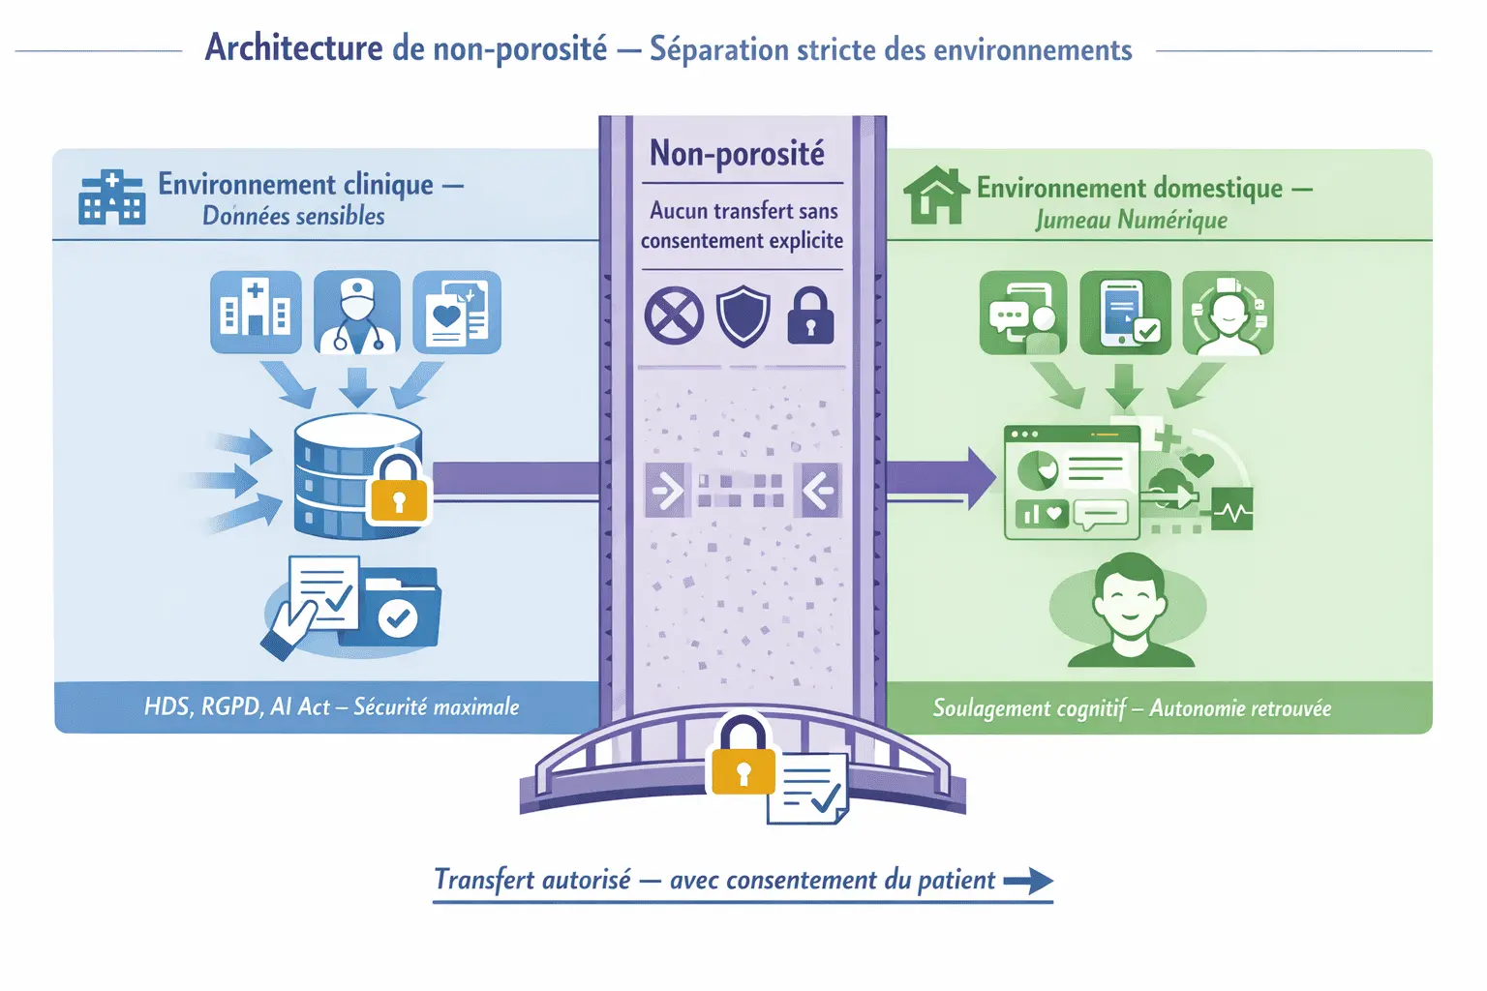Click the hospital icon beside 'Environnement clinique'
[x=112, y=197]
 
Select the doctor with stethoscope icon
[x=357, y=313]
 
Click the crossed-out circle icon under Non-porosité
[x=674, y=315]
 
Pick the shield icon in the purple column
[x=743, y=315]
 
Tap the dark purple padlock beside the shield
[x=810, y=315]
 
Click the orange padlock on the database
[x=398, y=489]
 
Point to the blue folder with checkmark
[x=397, y=610]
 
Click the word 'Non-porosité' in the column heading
[x=737, y=154]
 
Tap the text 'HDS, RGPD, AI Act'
[x=237, y=706]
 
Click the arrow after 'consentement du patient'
[x=1028, y=881]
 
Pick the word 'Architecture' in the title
[x=293, y=47]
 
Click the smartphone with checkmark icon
[x=1125, y=313]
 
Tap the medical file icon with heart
[x=456, y=313]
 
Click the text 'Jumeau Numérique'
[x=1131, y=221]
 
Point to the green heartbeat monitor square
[x=1231, y=509]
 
